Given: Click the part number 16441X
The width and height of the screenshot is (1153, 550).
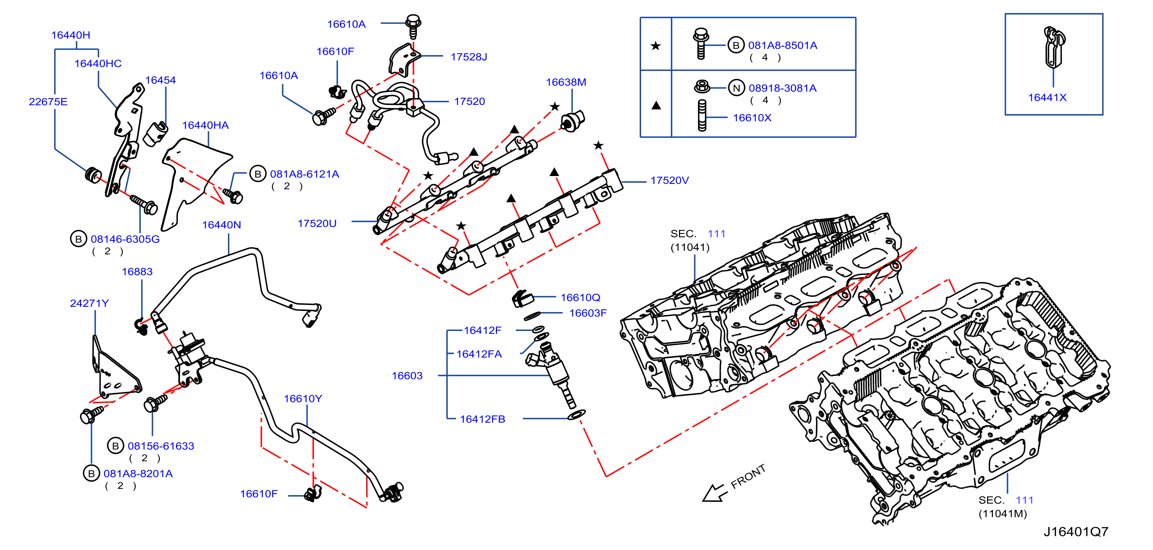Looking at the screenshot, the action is coord(1047,97).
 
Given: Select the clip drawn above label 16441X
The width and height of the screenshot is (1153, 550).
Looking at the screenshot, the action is coord(1054,47).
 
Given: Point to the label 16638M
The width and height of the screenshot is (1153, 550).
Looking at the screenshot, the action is coord(566,82).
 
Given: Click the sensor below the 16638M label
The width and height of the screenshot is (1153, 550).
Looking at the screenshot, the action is coord(573,120).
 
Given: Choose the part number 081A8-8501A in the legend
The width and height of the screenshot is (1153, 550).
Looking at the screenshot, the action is coord(782,45).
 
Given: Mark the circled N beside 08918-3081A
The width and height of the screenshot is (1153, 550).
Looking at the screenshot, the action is coord(736,88).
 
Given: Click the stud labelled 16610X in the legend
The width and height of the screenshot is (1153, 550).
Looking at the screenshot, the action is coord(702,116).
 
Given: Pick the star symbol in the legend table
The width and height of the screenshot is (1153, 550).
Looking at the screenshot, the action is coord(656,46).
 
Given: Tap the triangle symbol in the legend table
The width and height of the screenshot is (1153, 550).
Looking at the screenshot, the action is coord(656,106).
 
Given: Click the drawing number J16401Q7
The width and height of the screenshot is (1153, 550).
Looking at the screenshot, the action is coord(1076,531).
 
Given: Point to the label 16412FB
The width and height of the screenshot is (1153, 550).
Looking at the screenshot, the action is coord(483,419).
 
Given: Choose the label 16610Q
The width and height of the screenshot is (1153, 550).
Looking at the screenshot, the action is coord(580,298).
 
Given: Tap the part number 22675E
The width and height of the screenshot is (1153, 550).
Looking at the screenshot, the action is coord(48,102).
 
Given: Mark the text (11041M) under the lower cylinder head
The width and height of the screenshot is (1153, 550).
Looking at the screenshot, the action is coord(1003,514).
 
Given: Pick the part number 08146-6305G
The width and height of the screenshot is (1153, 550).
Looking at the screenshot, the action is coord(125,239).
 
